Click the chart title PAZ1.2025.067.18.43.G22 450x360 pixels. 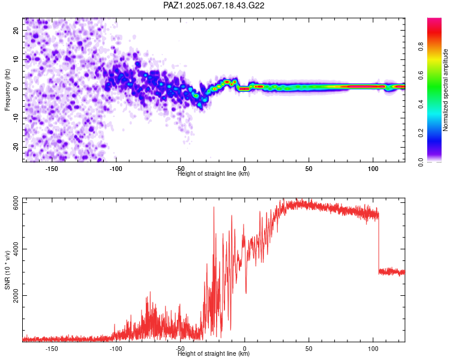[x=214, y=5]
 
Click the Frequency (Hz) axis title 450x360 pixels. [x=7, y=90]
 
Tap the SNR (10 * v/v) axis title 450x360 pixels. [x=7, y=270]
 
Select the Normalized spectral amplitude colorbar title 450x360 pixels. [x=445, y=90]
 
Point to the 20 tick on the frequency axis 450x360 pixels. [x=16, y=31]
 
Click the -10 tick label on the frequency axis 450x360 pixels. [x=16, y=118]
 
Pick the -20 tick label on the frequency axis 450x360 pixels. [x=16, y=147]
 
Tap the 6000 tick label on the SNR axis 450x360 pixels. [x=16, y=203]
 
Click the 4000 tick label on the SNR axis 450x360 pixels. [x=16, y=249]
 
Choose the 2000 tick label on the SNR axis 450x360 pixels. [x=16, y=295]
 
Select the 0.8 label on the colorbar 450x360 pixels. [x=421, y=47]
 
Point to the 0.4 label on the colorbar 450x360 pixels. [x=421, y=104]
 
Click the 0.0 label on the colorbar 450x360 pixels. [x=421, y=162]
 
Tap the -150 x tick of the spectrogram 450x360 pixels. [x=52, y=169]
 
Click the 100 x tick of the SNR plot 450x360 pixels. [x=373, y=349]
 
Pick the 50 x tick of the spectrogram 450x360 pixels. [x=308, y=169]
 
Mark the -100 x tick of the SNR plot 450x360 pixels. [x=116, y=349]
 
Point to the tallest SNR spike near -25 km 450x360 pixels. [x=214, y=207]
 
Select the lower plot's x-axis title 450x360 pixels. [x=214, y=353]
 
